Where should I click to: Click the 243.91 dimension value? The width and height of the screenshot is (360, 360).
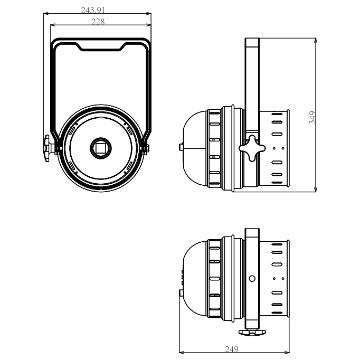pyautogui.click(x=97, y=10)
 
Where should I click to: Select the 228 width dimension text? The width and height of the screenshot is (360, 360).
pyautogui.click(x=98, y=22)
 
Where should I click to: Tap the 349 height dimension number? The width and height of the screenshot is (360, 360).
pyautogui.click(x=312, y=117)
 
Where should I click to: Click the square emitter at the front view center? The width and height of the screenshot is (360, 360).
pyautogui.click(x=100, y=147)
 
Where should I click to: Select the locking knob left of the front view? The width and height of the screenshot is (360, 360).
pyautogui.click(x=50, y=146)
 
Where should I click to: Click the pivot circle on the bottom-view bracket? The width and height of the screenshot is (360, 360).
pyautogui.click(x=252, y=278)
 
